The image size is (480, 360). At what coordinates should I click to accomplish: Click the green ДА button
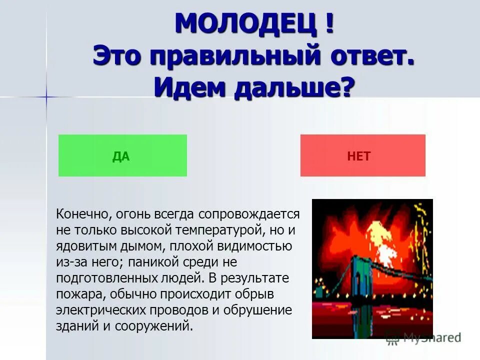(122, 155)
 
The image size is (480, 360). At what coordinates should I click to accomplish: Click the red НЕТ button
(362, 155)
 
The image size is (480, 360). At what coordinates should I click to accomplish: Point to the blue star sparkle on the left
(46, 97)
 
